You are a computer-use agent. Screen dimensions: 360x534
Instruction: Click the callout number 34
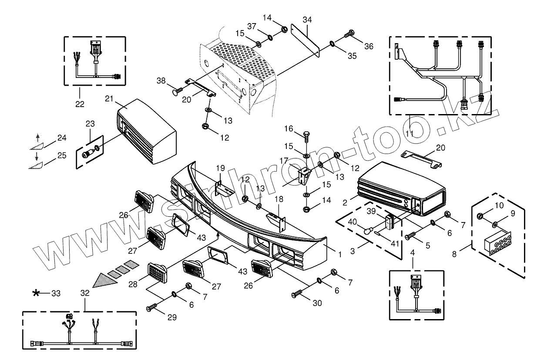pyautogui.click(x=307, y=20)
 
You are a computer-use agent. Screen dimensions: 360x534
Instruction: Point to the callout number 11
pyautogui.click(x=410, y=133)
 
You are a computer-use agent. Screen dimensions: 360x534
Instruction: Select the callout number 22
pyautogui.click(x=79, y=104)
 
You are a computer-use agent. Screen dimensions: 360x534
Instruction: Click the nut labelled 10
pyautogui.click(x=480, y=215)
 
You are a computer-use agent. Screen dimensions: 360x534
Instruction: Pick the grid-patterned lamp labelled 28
pyautogui.click(x=157, y=273)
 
